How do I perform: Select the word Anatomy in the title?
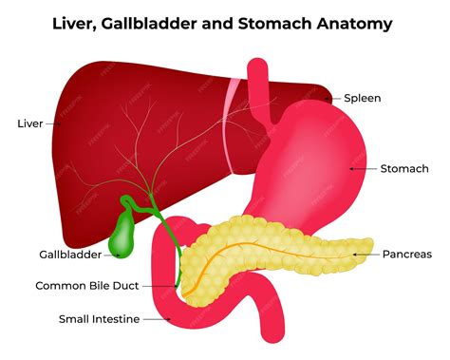pos(353,23)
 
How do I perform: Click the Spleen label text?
pos(363,97)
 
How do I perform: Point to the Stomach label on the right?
pos(404,168)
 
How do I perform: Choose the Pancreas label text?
pos(406,254)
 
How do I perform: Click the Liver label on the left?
pos(29,123)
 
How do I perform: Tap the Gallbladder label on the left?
pos(70,255)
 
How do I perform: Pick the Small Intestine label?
pos(86,319)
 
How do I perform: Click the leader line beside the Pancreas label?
pos(365,255)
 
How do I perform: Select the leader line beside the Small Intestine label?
pos(156,319)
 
